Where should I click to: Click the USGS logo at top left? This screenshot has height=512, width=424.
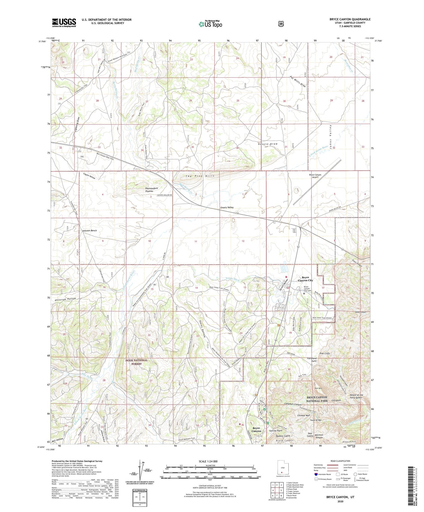click(x=64, y=23)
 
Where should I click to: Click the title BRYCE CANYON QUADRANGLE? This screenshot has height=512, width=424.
click(x=350, y=19)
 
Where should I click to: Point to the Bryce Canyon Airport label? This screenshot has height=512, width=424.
click(x=315, y=176)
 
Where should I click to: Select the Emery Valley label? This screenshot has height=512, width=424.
click(x=227, y=207)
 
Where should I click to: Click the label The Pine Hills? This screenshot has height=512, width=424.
click(x=200, y=176)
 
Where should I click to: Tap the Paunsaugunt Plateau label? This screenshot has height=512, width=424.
click(x=152, y=190)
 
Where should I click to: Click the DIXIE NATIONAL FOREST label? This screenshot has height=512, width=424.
click(x=136, y=362)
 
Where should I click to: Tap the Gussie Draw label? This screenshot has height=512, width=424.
click(x=268, y=144)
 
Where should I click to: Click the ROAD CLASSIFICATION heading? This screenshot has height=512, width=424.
click(x=340, y=461)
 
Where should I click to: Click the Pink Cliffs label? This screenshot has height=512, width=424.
click(x=325, y=354)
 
